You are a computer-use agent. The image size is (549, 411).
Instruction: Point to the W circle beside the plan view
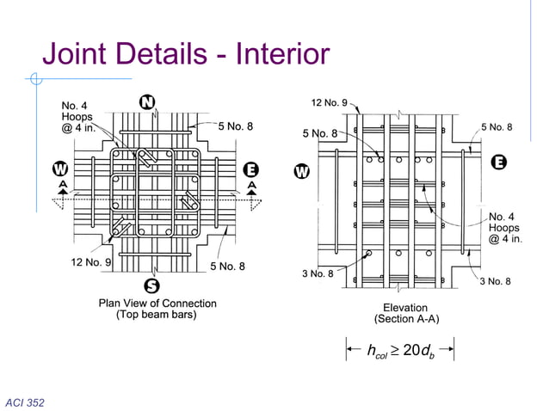click(59, 168)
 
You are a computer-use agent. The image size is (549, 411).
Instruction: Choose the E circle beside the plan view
click(256, 168)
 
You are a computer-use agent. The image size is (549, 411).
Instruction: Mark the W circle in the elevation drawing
click(302, 171)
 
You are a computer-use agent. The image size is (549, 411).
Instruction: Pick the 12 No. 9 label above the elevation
click(329, 104)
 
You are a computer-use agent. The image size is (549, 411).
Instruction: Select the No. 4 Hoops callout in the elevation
click(505, 227)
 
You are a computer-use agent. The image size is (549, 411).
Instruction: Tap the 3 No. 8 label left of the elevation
click(318, 273)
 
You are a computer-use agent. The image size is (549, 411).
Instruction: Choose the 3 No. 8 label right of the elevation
click(496, 281)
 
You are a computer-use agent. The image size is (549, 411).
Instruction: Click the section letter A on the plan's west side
click(60, 185)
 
